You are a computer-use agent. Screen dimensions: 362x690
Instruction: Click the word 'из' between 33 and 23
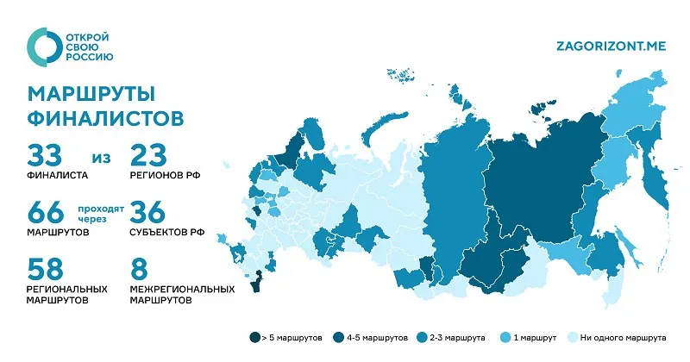[100, 158]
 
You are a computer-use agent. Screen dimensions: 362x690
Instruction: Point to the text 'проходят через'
[101, 214]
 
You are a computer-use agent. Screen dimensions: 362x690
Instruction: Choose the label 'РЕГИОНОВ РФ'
[165, 174]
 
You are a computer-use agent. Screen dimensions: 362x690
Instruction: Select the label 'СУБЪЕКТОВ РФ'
[167, 231]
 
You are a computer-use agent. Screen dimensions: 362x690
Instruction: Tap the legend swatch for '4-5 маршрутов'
[339, 339]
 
